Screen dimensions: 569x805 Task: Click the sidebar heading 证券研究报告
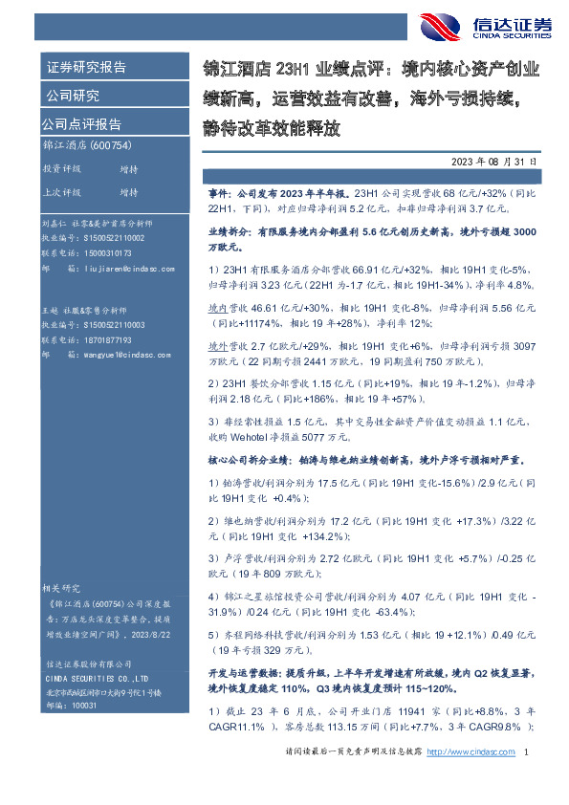tap(85, 68)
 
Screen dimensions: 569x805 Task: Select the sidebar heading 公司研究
tap(72, 96)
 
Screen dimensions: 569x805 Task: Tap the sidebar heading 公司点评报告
tap(81, 123)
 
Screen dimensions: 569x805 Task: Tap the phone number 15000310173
tap(108, 253)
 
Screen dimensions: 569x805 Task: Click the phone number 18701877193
tap(108, 338)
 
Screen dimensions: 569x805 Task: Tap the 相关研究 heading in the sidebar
tap(59, 587)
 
